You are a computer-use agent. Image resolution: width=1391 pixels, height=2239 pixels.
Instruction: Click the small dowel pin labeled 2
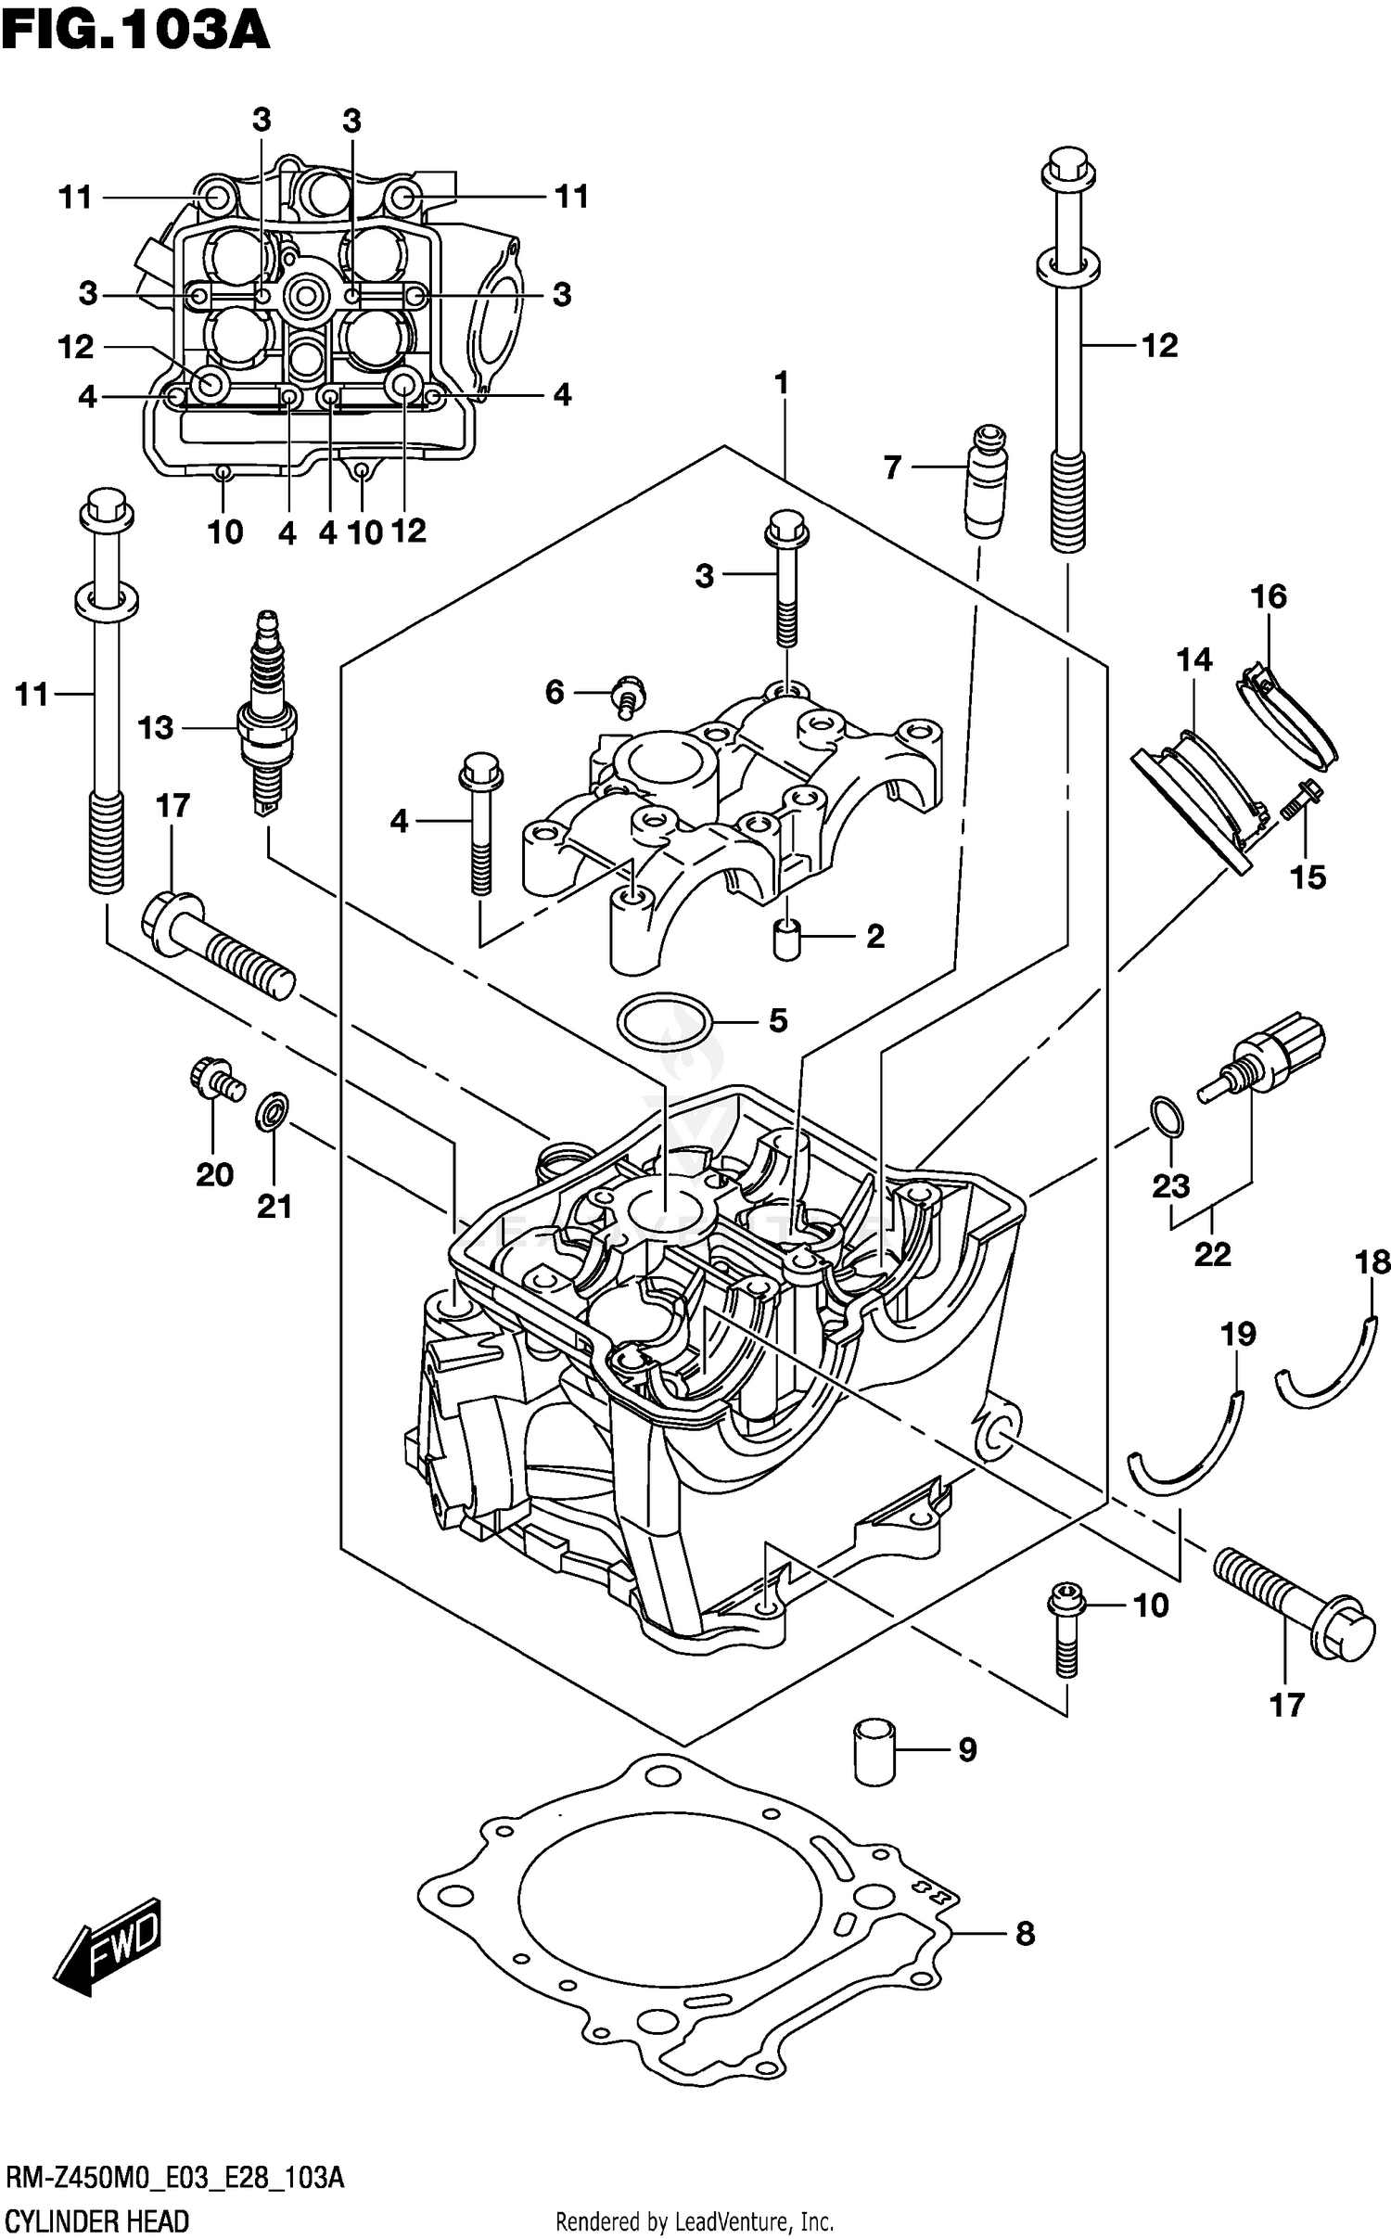[786, 940]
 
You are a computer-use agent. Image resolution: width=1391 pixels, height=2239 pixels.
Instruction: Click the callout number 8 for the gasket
[1025, 1934]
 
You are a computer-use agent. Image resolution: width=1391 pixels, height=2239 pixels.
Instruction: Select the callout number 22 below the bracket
[1212, 1254]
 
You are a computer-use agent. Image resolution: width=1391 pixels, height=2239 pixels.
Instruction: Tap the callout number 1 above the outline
[781, 382]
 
